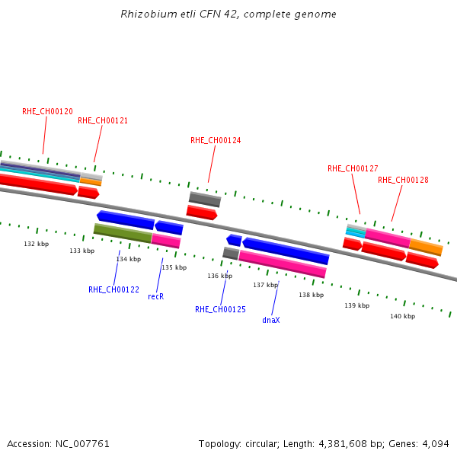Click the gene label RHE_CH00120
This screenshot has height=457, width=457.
(47, 111)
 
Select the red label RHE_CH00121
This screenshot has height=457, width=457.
(103, 120)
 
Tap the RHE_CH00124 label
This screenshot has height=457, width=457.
(216, 140)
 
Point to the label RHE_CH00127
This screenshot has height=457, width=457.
(353, 168)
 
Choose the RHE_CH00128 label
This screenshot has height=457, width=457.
(403, 180)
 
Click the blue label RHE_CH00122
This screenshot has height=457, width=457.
(113, 289)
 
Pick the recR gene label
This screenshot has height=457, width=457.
(155, 296)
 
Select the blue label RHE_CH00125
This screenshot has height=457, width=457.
(220, 309)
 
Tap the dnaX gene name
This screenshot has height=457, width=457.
(271, 320)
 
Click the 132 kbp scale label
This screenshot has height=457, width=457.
(37, 244)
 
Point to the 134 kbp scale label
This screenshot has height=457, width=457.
(129, 259)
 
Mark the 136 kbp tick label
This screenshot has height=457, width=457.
(220, 276)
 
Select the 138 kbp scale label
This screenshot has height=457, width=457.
(311, 295)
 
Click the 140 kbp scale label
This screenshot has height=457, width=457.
(402, 315)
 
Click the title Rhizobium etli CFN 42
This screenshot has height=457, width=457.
(228, 14)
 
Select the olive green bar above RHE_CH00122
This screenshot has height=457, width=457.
(123, 233)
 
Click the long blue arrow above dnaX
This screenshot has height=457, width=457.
(286, 250)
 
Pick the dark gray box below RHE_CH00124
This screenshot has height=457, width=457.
(205, 200)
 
